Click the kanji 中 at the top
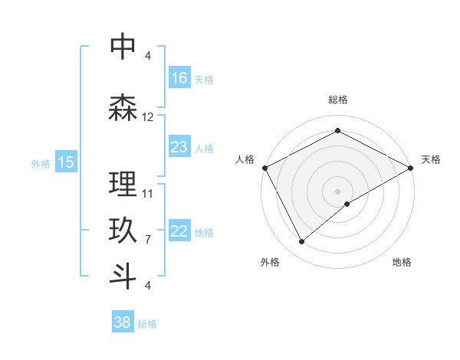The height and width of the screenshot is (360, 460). (123, 47)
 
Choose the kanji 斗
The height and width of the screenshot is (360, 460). (123, 276)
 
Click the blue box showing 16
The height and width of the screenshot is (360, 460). (179, 77)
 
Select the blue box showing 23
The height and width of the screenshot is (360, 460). (179, 146)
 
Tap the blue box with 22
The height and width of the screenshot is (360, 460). (179, 231)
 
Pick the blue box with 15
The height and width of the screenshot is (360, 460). (66, 162)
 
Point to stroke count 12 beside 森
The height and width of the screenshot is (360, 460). (148, 117)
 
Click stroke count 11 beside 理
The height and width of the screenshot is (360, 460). (148, 193)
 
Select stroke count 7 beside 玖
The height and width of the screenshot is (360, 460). (148, 239)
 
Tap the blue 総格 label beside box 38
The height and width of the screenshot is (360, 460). (147, 324)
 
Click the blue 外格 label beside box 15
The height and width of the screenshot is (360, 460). (41, 163)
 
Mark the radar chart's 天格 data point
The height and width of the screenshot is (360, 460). (411, 168)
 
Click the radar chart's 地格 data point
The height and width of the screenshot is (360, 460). (347, 204)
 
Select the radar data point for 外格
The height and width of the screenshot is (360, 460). (301, 242)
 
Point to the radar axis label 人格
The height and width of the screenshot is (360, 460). (245, 159)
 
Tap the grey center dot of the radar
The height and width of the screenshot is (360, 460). (337, 191)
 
